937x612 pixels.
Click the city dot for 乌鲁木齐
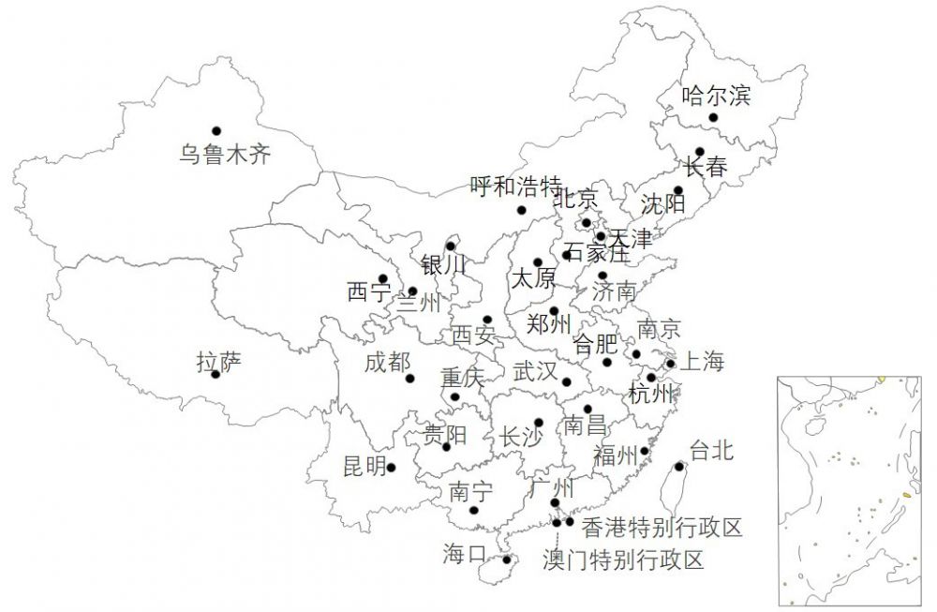pyautogui.click(x=216, y=130)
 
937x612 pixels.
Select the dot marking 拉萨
pyautogui.click(x=216, y=374)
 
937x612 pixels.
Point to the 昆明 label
pyautogui.click(x=364, y=466)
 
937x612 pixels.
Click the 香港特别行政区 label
pyautogui.click(x=662, y=528)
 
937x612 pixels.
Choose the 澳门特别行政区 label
pyautogui.click(x=623, y=560)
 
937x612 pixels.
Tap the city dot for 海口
pyautogui.click(x=507, y=560)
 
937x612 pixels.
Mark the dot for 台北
pyautogui.click(x=679, y=466)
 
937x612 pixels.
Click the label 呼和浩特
pyautogui.click(x=514, y=185)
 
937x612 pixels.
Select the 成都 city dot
pyautogui.click(x=409, y=379)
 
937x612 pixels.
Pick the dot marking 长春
pyautogui.click(x=700, y=151)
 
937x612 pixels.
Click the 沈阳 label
pyautogui.click(x=663, y=203)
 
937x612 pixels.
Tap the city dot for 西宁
pyautogui.click(x=382, y=278)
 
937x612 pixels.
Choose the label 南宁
pyautogui.click(x=470, y=490)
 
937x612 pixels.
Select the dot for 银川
pyautogui.click(x=451, y=246)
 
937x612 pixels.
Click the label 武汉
pyautogui.click(x=535, y=371)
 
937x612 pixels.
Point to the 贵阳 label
pyautogui.click(x=445, y=435)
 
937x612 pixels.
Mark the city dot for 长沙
pyautogui.click(x=539, y=423)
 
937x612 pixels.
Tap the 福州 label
pyautogui.click(x=615, y=455)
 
